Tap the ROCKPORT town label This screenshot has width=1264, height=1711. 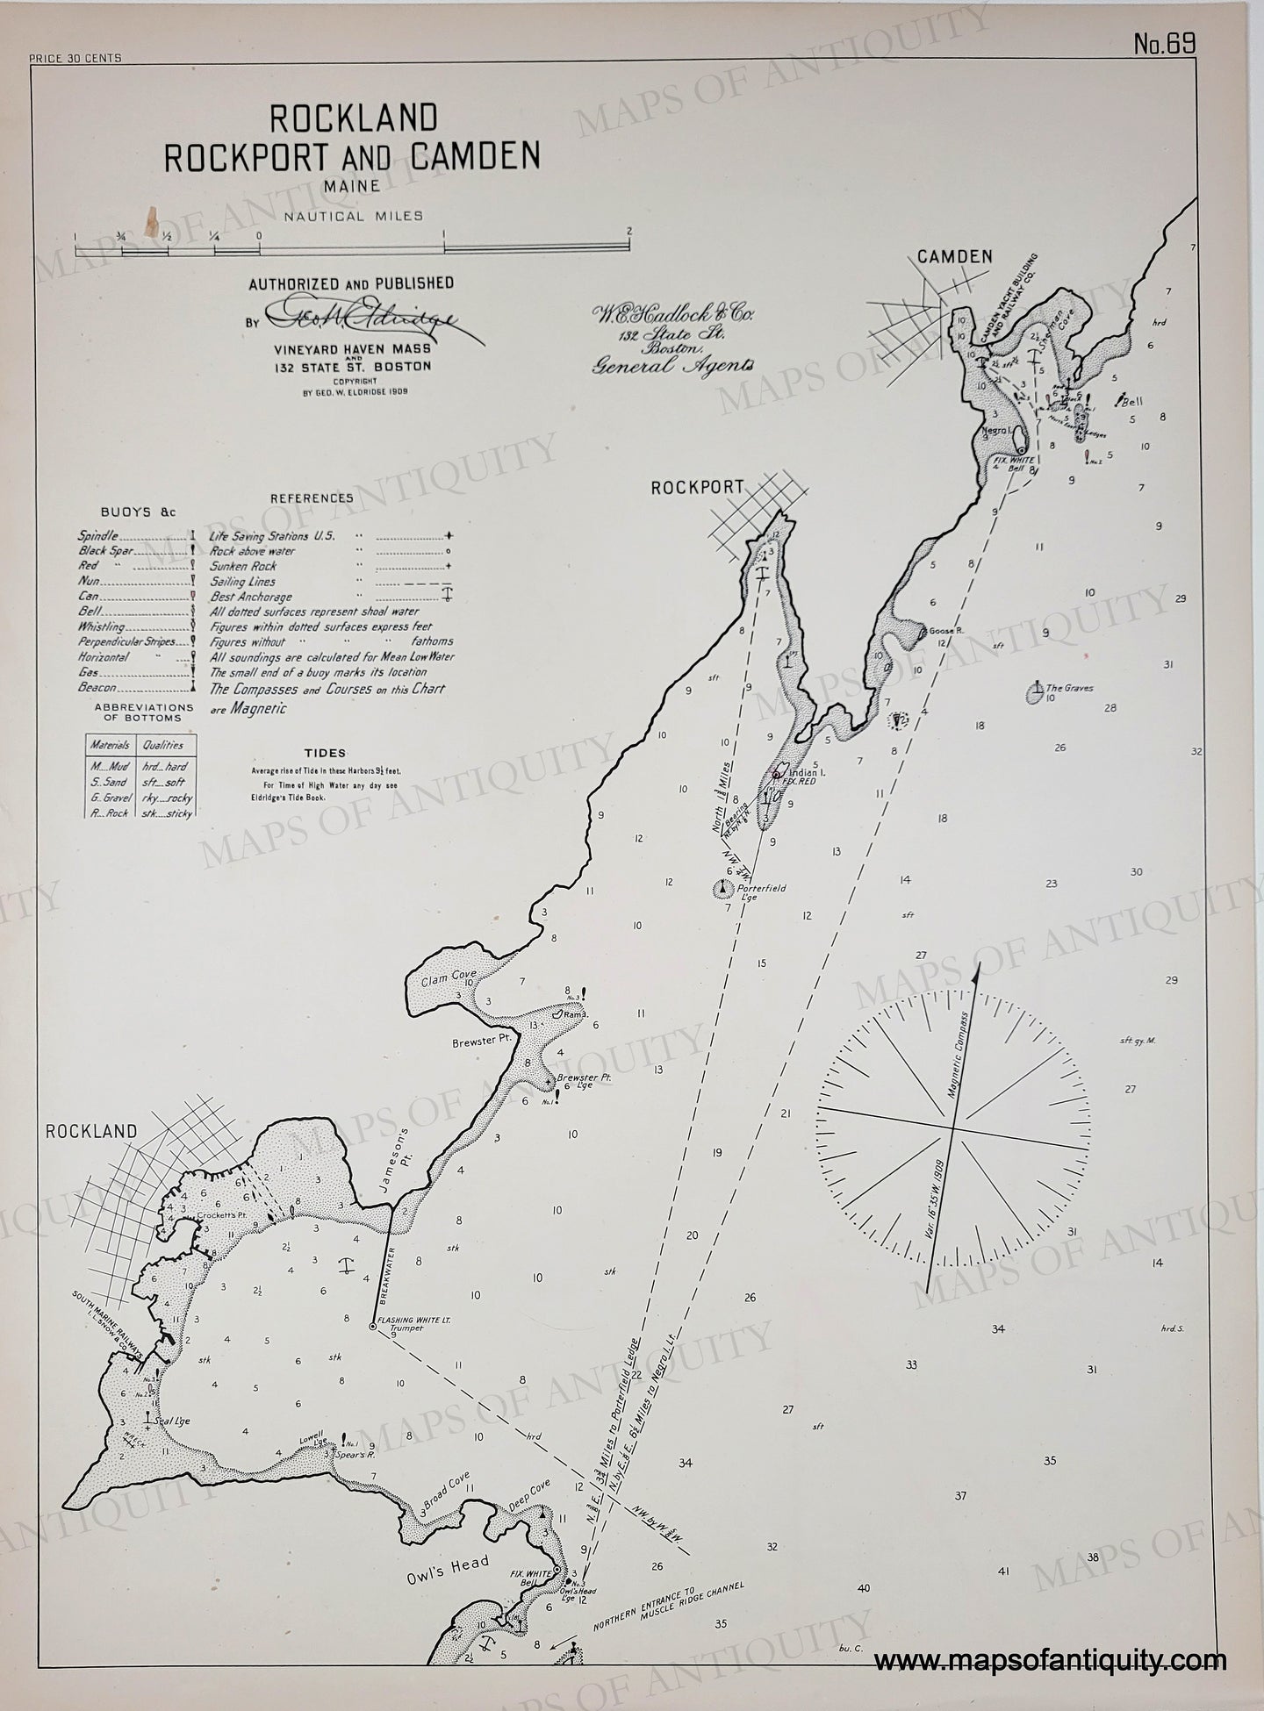(697, 488)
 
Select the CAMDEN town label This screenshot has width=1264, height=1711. (954, 256)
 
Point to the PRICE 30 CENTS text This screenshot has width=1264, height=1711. (75, 59)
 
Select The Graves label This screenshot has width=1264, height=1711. (1068, 689)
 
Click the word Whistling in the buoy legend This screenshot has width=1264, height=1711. (101, 628)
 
